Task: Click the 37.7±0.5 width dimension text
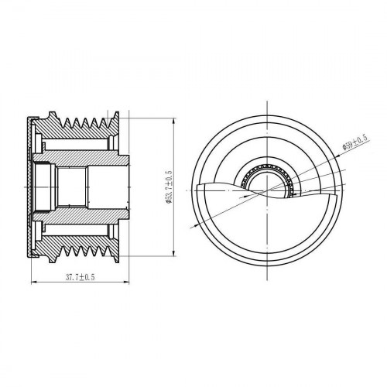[x=80, y=277]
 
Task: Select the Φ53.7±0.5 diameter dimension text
[x=170, y=187]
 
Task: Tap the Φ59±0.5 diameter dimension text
[x=355, y=142]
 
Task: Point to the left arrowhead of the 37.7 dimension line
[x=33, y=283]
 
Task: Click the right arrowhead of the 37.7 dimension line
[x=127, y=283]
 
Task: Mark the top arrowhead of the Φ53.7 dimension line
[x=175, y=121]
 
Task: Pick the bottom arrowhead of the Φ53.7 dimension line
[x=175, y=253]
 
